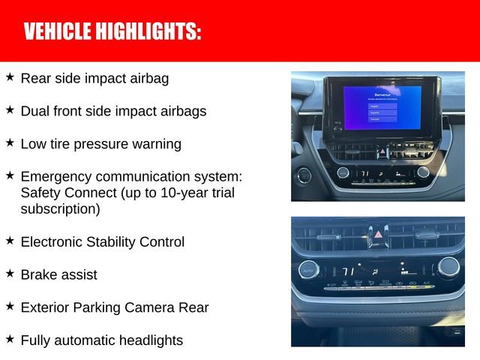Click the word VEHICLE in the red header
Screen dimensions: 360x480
pos(55,31)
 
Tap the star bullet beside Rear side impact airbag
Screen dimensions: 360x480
pos(10,76)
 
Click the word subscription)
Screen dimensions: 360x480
pos(60,209)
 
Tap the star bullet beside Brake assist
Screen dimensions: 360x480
pos(10,274)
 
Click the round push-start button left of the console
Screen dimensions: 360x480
pos(304,176)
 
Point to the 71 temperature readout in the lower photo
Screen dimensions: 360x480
pos(348,271)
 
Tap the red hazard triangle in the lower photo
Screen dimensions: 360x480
pos(378,235)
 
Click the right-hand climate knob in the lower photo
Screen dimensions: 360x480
pos(448,268)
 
